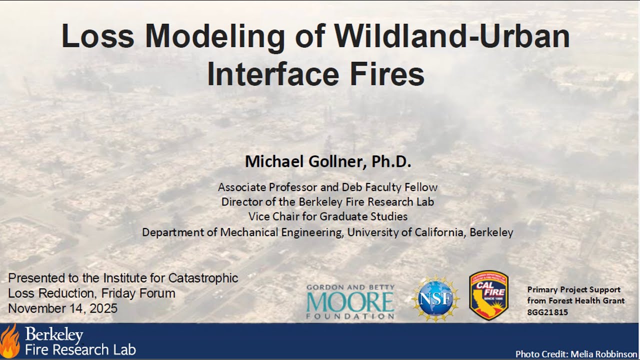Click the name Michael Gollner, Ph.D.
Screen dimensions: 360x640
pyautogui.click(x=328, y=161)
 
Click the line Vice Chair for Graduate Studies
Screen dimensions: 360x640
pyautogui.click(x=328, y=216)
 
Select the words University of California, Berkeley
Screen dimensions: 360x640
pyautogui.click(x=430, y=232)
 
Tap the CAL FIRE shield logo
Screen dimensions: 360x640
pyautogui.click(x=488, y=295)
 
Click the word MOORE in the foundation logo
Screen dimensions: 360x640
pyautogui.click(x=350, y=301)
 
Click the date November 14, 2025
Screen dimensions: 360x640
pyautogui.click(x=62, y=308)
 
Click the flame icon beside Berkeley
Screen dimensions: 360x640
pyautogui.click(x=10, y=341)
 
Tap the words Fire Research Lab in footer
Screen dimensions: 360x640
pyautogui.click(x=80, y=349)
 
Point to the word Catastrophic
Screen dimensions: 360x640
pyautogui.click(x=203, y=278)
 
